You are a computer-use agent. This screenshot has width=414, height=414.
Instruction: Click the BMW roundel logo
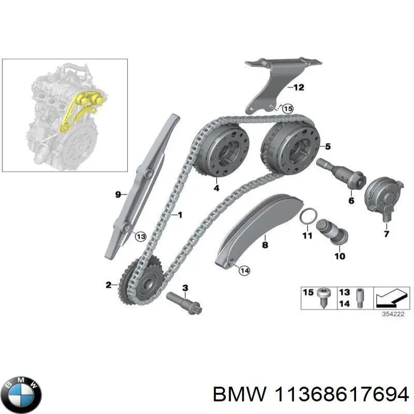click(23, 394)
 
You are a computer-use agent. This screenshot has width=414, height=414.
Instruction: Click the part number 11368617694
click(342, 395)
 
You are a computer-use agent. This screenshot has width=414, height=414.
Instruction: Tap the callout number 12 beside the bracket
click(299, 87)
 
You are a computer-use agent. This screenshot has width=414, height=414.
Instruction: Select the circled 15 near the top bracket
click(288, 109)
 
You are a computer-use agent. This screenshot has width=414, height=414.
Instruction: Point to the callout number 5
click(328, 146)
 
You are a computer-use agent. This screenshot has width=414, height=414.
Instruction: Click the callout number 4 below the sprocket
click(216, 188)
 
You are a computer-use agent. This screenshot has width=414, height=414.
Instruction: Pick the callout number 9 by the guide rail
click(118, 195)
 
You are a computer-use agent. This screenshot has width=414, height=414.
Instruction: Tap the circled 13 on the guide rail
click(140, 236)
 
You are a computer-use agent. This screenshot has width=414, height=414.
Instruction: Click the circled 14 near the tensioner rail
click(244, 270)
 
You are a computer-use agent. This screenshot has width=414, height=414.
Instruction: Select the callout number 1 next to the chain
click(180, 215)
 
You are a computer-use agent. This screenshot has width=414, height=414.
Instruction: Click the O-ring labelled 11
click(308, 215)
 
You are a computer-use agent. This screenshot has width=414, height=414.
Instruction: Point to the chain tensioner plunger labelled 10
click(332, 231)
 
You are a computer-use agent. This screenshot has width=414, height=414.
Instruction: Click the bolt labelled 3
click(185, 303)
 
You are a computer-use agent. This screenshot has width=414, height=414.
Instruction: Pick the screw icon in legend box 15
click(323, 297)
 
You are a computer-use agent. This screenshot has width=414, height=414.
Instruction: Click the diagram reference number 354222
click(393, 314)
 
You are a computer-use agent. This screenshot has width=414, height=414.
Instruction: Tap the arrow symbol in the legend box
click(391, 299)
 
